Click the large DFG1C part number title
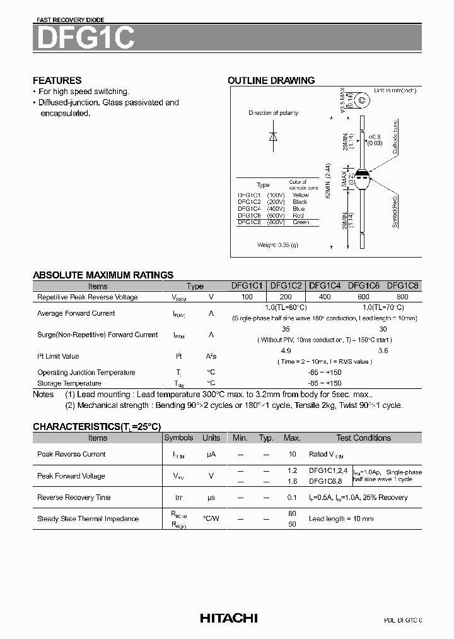[x=84, y=38]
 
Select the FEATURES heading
[x=57, y=81]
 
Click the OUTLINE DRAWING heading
[x=271, y=81]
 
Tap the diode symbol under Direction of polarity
[x=273, y=137]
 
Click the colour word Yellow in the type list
[x=301, y=195]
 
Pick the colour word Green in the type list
[x=301, y=222]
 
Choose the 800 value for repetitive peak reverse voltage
[x=402, y=297]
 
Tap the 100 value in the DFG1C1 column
[x=247, y=297]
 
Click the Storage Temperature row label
[x=69, y=383]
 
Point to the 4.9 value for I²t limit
[x=286, y=350]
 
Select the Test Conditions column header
[x=363, y=438]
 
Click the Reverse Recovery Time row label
[x=74, y=498]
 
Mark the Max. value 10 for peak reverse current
[x=292, y=454]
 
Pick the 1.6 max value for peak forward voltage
[x=292, y=481]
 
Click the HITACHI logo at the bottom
[x=228, y=618]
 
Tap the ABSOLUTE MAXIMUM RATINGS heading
[x=103, y=275]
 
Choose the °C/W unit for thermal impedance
[x=211, y=518]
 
